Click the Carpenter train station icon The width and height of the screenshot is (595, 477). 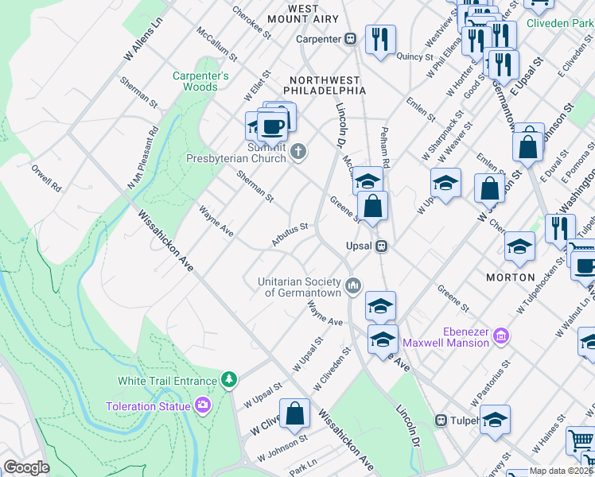click(350, 39)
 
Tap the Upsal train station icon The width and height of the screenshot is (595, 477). click(382, 246)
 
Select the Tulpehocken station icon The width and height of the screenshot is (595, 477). click(440, 420)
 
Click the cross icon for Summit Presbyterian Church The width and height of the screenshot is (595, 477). click(298, 151)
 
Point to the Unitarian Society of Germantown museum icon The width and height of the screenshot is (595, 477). click(354, 285)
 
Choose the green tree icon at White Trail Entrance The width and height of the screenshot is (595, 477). click(229, 380)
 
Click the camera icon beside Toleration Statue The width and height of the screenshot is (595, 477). click(202, 406)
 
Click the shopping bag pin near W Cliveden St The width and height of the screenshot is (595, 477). click(294, 414)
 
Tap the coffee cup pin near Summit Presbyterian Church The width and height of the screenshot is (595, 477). click(273, 126)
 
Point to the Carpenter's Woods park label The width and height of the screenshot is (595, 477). click(200, 81)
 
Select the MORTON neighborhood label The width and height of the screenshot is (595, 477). click(510, 277)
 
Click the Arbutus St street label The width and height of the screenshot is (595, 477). click(289, 235)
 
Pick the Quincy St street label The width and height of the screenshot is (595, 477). click(415, 57)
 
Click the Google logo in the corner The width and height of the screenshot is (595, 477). click(26, 467)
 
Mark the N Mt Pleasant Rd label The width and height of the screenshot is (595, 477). click(142, 158)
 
